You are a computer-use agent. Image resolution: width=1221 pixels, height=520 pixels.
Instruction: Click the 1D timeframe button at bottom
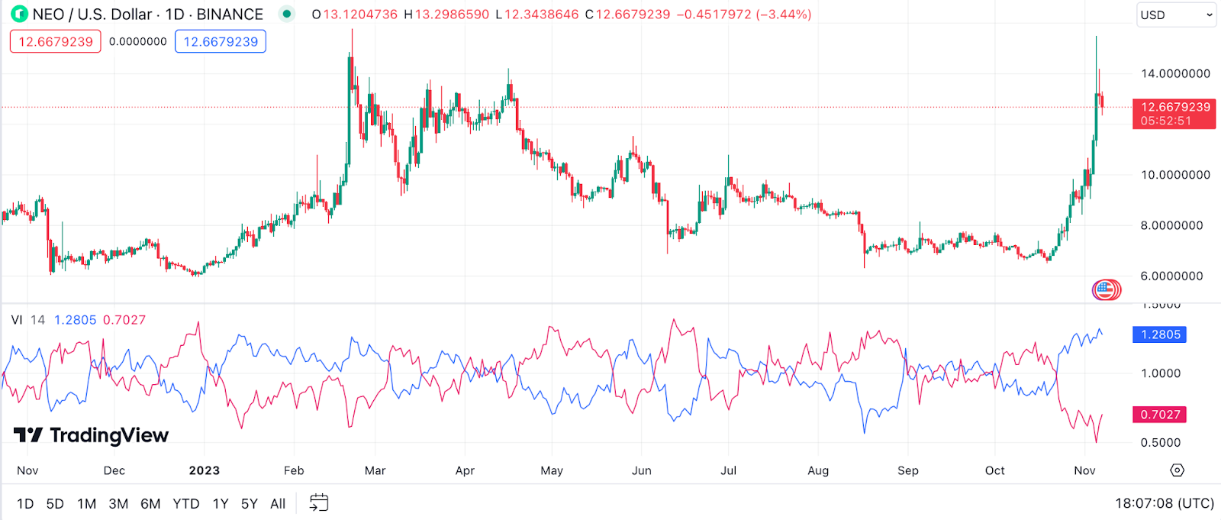coord(25,504)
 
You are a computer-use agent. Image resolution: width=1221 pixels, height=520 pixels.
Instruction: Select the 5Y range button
coord(250,504)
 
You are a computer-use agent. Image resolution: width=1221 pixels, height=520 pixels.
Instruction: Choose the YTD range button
coord(186,504)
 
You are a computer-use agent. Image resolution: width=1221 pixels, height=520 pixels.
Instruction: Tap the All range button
coord(278,504)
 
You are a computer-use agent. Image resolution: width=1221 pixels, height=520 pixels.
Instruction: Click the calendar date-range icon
coord(319,502)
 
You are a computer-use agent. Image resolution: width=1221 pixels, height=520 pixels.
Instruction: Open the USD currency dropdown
coord(1175,15)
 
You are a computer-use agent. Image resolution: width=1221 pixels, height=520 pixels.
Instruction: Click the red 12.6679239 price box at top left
coord(55,42)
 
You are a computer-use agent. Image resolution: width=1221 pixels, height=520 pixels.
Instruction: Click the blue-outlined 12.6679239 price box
coord(221,42)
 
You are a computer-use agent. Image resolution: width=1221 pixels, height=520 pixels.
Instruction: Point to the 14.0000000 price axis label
coord(1175,74)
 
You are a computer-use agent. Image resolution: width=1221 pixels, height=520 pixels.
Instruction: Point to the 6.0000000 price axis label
coord(1171,276)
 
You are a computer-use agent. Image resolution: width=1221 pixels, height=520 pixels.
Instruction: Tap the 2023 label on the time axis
coord(205,470)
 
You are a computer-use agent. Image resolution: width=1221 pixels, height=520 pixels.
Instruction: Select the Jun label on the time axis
coord(642,470)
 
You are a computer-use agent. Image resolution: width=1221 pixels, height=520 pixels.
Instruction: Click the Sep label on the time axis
coord(908,470)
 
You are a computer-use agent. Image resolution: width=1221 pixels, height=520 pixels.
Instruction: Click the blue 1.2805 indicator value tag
coord(1161,334)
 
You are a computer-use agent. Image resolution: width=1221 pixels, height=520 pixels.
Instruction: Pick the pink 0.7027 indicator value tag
coord(1160,415)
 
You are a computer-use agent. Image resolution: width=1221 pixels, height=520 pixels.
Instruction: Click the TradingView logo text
coord(108,435)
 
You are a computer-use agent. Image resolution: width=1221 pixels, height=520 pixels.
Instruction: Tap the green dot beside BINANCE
coord(287,14)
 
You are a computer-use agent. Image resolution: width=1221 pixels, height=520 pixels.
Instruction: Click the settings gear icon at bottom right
coord(1178,470)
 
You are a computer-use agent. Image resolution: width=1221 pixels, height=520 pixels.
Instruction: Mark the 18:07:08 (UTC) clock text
coord(1165,503)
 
